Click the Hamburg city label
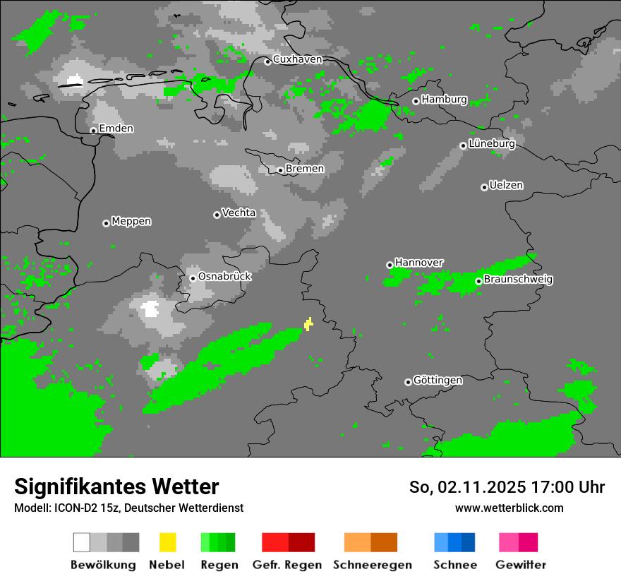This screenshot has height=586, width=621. [x=444, y=100]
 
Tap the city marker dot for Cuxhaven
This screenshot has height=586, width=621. [x=267, y=61]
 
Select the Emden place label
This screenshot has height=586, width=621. [x=116, y=128]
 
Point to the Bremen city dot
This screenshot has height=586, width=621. [x=280, y=169]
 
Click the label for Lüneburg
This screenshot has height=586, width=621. [x=492, y=143]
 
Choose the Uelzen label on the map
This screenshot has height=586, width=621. [x=506, y=185]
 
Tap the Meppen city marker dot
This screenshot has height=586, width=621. [x=106, y=223]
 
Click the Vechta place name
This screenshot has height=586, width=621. [x=239, y=213]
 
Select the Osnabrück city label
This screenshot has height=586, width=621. [x=224, y=276]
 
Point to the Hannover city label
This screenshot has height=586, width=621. [x=419, y=263]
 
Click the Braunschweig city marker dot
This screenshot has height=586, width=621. [x=478, y=281]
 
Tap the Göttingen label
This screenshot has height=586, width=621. [x=438, y=381]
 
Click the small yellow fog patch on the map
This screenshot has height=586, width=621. [x=308, y=324]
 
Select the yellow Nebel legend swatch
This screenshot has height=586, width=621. [x=167, y=542]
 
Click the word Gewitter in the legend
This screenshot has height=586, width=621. [x=521, y=565]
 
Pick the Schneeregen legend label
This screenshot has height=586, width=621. [x=372, y=565]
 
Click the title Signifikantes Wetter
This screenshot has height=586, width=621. [x=116, y=486]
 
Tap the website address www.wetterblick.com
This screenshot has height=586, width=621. [x=509, y=508]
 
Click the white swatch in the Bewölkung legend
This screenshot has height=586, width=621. [x=82, y=542]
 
